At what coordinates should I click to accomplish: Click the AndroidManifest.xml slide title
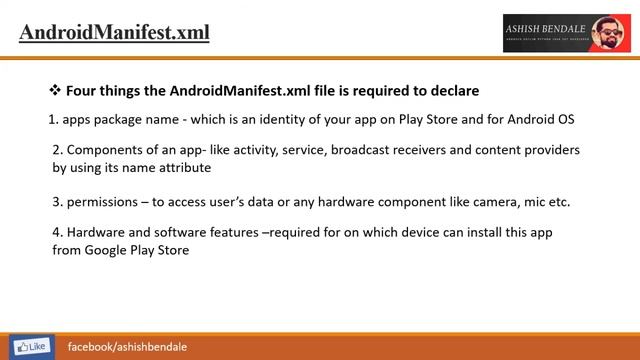pyautogui.click(x=114, y=32)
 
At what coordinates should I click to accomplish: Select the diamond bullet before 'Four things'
pyautogui.click(x=55, y=91)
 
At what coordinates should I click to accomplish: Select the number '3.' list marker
pyautogui.click(x=58, y=202)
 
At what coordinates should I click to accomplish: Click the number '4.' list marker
pyautogui.click(x=58, y=232)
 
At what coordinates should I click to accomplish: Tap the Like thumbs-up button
pyautogui.click(x=27, y=346)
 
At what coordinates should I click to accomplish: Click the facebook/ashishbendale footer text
pyautogui.click(x=127, y=346)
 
